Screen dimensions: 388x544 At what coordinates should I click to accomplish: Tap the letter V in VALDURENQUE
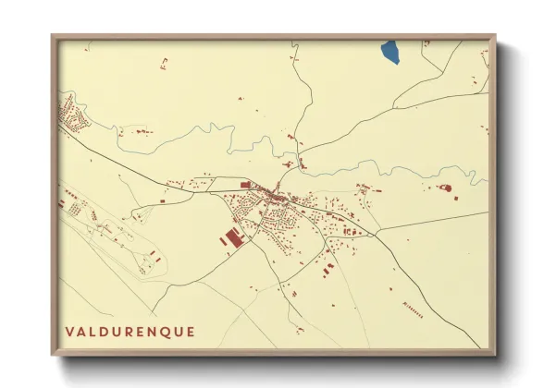click(70, 332)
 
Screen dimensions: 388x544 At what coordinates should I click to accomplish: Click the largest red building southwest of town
click(231, 237)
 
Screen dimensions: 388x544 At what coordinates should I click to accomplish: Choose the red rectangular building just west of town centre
click(245, 186)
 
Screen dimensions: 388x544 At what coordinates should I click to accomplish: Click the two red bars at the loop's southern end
click(145, 265)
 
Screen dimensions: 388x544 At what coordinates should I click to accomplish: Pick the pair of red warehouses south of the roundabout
click(329, 269)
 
